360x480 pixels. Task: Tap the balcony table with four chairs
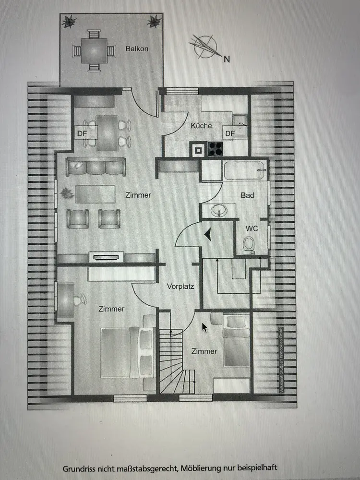[x=94, y=49]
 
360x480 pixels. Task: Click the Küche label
[x=201, y=126]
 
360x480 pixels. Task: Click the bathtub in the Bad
[x=244, y=170]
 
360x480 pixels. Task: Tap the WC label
[x=252, y=228]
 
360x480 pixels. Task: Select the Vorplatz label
[x=180, y=287]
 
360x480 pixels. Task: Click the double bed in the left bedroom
[x=128, y=352]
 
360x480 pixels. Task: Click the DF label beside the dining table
[x=82, y=133]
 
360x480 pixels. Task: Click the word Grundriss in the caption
[x=79, y=467]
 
